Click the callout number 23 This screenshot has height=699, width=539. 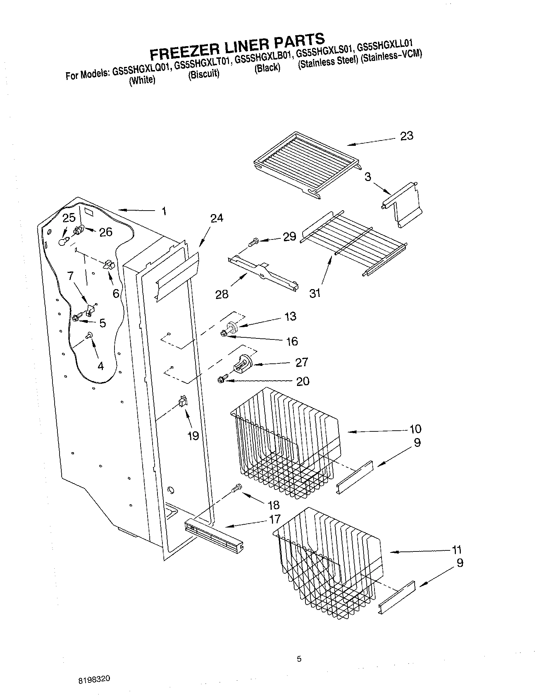point(407,136)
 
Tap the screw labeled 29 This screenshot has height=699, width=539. point(253,242)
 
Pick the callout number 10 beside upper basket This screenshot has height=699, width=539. point(415,429)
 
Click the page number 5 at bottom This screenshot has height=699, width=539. point(299,659)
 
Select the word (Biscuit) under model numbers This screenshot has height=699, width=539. point(204,75)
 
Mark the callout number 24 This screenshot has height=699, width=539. point(217,218)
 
